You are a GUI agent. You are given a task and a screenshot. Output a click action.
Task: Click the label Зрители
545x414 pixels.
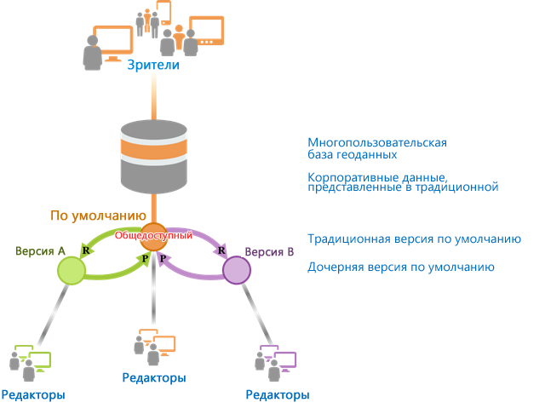[x=153, y=65]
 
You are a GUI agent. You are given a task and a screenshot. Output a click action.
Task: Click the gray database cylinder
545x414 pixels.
[x=154, y=157]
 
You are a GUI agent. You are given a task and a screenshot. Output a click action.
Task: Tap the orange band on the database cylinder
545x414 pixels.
[x=154, y=148]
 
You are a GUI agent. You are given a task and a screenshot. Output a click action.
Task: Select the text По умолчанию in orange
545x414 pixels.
[x=99, y=216]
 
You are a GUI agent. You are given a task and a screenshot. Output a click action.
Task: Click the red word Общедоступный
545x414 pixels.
[x=153, y=235]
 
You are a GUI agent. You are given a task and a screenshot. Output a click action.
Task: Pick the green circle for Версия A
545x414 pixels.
[x=72, y=271]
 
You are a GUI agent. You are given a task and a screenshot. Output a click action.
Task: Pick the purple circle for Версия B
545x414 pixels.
[x=237, y=270]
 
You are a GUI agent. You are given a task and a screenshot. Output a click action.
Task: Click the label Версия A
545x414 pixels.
[x=40, y=251]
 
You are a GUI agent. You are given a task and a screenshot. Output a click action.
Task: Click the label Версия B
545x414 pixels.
[x=269, y=251]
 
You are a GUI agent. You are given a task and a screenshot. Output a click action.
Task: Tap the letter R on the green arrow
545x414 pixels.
[x=86, y=250]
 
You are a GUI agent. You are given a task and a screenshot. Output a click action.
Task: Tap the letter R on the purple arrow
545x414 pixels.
[x=221, y=250]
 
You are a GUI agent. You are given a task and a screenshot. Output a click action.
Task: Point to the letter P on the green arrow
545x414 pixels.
[x=145, y=258]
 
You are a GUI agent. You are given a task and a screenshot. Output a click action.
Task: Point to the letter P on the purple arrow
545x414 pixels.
[x=163, y=258]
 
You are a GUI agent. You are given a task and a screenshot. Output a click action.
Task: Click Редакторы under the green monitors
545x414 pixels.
[x=33, y=395]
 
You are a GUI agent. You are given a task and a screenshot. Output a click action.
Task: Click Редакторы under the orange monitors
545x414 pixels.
[x=154, y=378]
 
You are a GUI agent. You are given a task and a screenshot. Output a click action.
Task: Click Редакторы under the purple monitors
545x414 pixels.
[x=278, y=395]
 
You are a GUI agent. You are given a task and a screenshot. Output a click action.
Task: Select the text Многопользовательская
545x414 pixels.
[x=377, y=142]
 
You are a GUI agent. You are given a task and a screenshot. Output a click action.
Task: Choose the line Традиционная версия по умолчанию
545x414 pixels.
[x=415, y=239]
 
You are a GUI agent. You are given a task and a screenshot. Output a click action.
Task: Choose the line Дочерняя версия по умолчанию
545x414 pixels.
[x=401, y=267]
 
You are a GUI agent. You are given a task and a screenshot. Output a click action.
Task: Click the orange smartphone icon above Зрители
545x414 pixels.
[x=163, y=13]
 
